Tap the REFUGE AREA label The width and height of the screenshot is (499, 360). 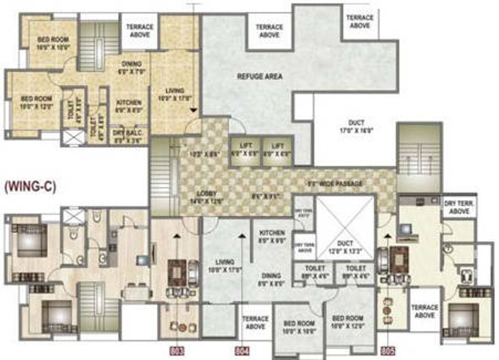point(259,76)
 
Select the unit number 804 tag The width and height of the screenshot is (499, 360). point(243,351)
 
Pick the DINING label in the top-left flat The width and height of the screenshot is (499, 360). point(131,67)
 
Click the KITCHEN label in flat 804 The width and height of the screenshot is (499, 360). point(271,236)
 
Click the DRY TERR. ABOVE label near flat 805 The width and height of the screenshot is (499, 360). point(458,207)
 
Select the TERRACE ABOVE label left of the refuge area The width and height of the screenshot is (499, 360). point(140,31)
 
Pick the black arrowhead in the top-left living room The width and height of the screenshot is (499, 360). point(193,110)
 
